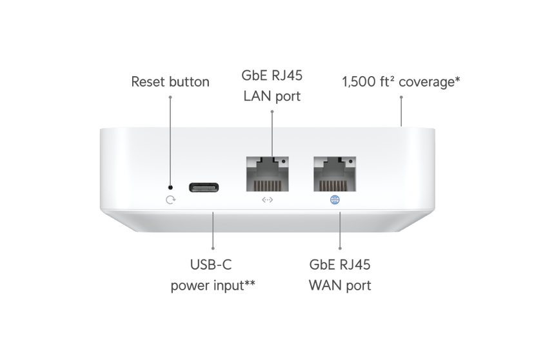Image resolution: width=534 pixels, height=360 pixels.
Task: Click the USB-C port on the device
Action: tap(204, 187)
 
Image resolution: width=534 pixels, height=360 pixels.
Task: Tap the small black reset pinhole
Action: tap(171, 187)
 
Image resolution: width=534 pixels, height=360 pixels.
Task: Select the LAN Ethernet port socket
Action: tap(268, 174)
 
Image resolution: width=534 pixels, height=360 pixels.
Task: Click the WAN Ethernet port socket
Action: tap(335, 174)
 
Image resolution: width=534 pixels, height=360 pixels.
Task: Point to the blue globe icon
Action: tap(335, 200)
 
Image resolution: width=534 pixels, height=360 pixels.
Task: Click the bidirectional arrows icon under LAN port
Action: tap(268, 200)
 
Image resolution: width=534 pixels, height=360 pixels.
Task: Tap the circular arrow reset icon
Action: tap(171, 200)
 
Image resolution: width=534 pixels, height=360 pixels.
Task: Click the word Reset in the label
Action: tap(148, 82)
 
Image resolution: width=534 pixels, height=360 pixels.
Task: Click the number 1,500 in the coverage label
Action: tap(359, 82)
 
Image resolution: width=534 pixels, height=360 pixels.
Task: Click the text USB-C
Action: tap(211, 265)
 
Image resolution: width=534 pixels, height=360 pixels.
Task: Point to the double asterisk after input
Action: tap(250, 283)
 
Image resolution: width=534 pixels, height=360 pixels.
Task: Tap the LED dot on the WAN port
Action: tap(351, 161)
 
